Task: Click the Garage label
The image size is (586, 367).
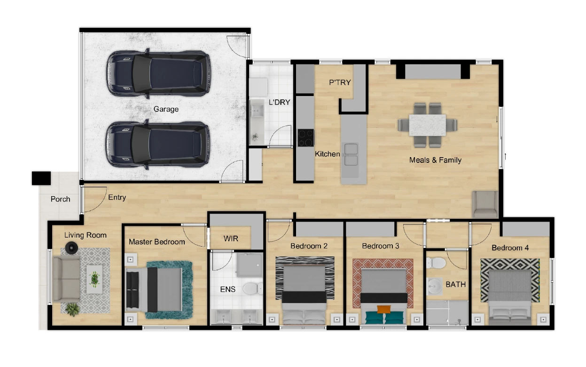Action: [166, 109]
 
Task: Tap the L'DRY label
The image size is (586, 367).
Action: [280, 102]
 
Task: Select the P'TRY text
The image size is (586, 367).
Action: [340, 82]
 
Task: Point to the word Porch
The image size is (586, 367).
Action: [61, 199]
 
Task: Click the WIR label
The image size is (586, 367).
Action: [231, 239]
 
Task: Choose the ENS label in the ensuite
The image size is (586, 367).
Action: [227, 289]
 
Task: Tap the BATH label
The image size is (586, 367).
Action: [456, 285]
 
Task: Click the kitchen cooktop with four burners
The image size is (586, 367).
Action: [306, 138]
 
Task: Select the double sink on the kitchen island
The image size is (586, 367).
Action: [351, 154]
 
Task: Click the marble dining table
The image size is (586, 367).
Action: [428, 125]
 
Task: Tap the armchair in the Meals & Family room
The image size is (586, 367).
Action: [485, 204]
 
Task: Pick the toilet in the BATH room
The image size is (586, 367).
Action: [436, 263]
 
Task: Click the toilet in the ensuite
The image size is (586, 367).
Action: [253, 288]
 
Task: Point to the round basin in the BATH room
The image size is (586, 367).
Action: [434, 286]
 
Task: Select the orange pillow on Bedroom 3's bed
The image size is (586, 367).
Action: [384, 309]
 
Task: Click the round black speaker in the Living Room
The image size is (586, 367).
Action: [71, 247]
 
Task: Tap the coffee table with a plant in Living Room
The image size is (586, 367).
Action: [94, 279]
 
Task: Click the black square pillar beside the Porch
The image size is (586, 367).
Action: [41, 178]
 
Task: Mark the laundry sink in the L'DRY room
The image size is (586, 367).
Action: [257, 111]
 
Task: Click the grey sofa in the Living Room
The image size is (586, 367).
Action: [66, 279]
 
